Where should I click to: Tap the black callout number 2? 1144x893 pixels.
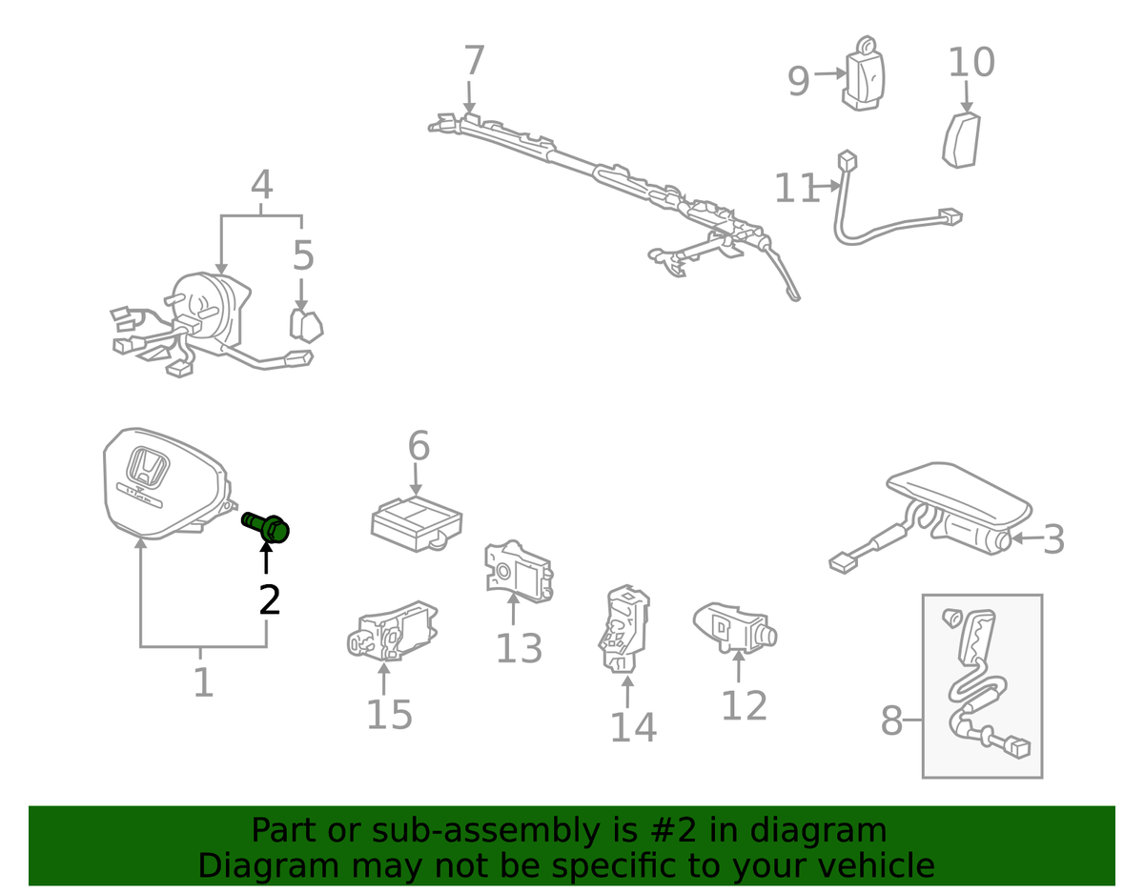pos(270,599)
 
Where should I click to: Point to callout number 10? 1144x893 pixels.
pos(971,63)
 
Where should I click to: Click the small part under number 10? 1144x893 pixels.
pos(962,140)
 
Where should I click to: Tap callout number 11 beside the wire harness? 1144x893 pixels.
pos(796,189)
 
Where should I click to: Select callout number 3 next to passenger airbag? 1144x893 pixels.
pos(1052,540)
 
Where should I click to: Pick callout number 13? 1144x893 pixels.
pos(519,649)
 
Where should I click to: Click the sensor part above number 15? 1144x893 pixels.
pos(391,630)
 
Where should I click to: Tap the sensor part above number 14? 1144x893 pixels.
pos(626,629)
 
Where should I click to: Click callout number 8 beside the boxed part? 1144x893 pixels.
pos(890,721)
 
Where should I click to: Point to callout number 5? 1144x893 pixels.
pos(302,256)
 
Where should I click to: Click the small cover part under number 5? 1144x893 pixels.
pos(305,324)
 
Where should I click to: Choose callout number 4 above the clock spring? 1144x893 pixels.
pos(261,185)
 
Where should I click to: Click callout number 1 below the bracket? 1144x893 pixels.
pos(203,682)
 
